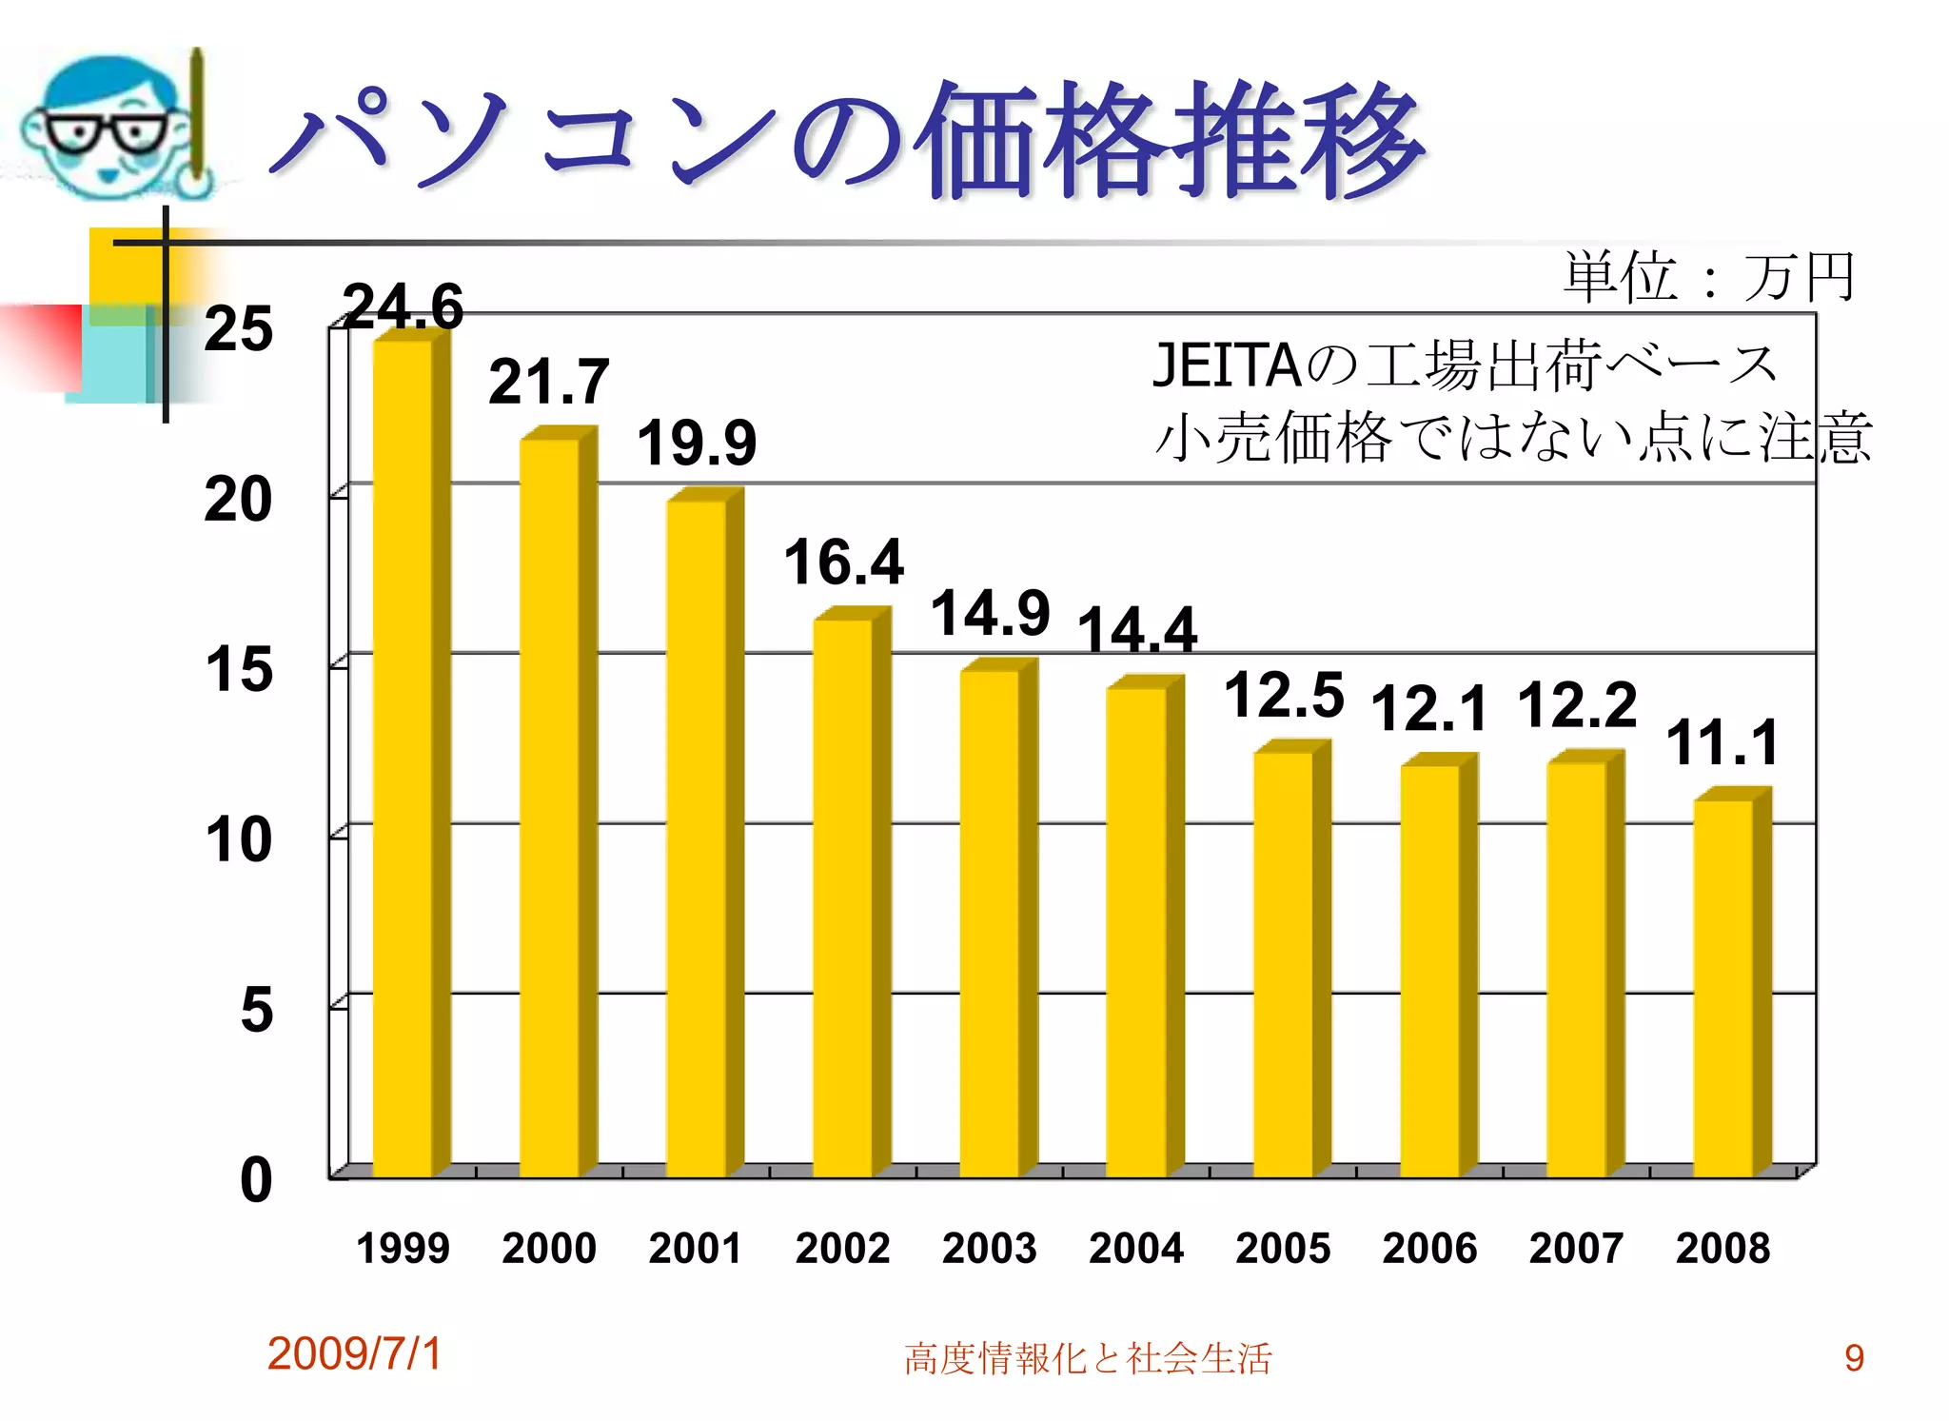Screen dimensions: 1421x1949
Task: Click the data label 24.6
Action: (403, 306)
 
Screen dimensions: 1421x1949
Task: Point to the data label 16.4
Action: (843, 562)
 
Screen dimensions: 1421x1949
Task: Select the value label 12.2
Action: (1577, 705)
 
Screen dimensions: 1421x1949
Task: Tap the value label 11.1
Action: (1723, 742)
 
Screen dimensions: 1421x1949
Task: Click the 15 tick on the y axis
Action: (239, 669)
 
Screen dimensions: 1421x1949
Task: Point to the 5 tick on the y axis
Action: (256, 1010)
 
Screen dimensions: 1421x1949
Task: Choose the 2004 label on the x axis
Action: (1136, 1248)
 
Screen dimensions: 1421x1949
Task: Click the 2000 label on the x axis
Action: (549, 1248)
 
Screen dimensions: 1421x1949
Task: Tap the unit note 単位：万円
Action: (1709, 277)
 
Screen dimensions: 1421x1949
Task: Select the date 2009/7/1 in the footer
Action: (355, 1353)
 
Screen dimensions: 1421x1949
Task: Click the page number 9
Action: (1854, 1358)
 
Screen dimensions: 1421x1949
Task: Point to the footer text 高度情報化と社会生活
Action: (1088, 1358)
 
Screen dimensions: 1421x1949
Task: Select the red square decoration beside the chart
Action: (43, 347)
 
